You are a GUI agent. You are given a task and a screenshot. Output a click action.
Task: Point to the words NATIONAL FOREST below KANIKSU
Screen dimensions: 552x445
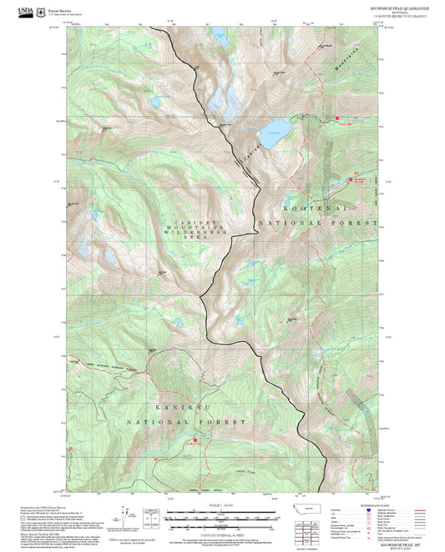click(x=169, y=424)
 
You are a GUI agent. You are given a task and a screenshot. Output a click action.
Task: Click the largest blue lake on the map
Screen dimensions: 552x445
click(x=274, y=131)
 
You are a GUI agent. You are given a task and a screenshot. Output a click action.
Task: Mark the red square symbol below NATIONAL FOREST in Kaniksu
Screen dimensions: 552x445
click(x=196, y=440)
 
